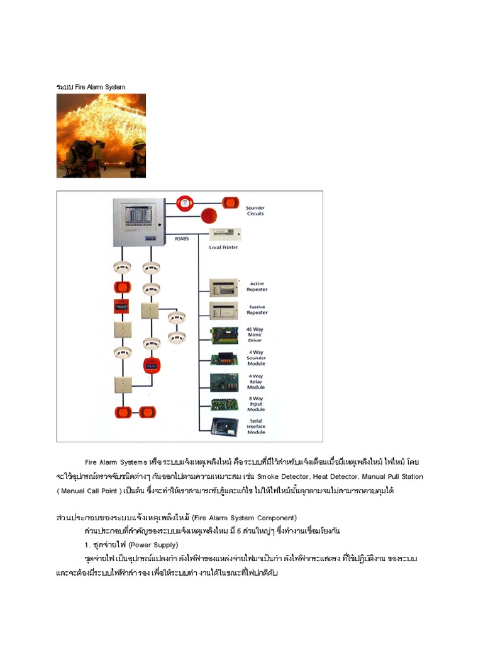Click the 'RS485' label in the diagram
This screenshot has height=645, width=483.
181,239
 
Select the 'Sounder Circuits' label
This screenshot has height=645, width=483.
255,210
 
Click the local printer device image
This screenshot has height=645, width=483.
225,236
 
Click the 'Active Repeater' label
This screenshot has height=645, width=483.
257,287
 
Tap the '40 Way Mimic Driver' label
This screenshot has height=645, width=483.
255,334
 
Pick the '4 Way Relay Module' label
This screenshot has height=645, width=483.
255,382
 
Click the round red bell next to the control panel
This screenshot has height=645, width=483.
186,202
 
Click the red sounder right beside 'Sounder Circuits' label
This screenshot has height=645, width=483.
230,202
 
